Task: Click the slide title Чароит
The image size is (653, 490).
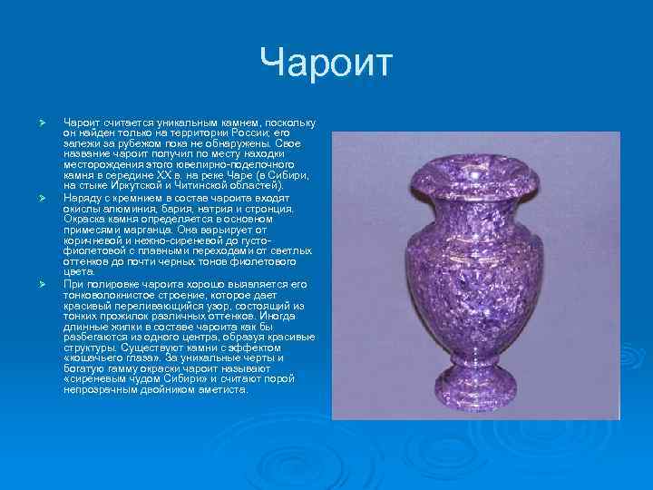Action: pyautogui.click(x=326, y=63)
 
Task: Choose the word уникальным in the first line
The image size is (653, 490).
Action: pyautogui.click(x=179, y=122)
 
